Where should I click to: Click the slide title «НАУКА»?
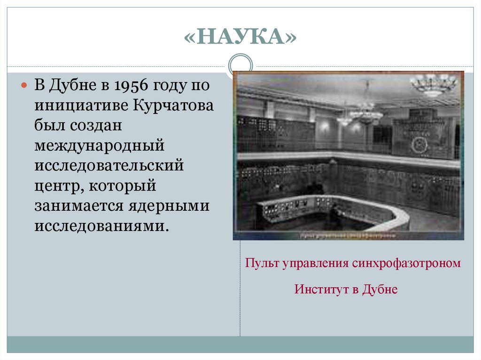tap(240, 37)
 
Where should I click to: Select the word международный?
tap(99, 146)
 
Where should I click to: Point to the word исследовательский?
tap(109, 166)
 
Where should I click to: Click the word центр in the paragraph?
tap(55, 186)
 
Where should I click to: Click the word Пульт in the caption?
tap(262, 263)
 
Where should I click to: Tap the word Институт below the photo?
tap(321, 290)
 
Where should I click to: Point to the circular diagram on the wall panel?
tap(419, 145)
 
